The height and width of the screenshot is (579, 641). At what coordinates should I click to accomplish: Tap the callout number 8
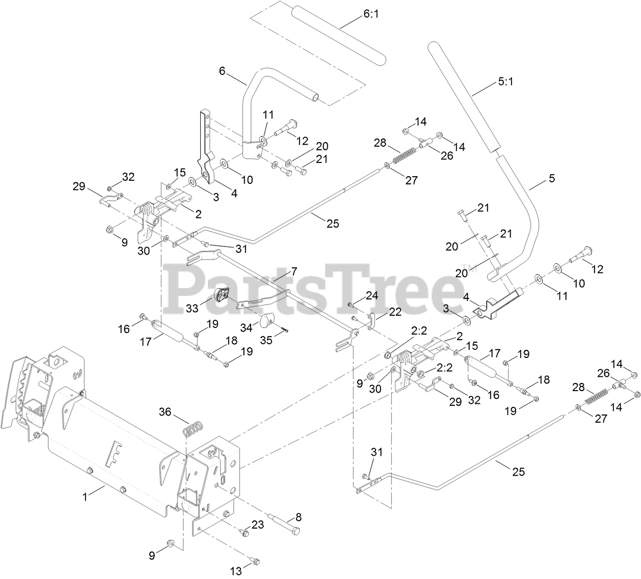click(299, 517)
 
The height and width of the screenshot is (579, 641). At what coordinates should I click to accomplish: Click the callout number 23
click(258, 524)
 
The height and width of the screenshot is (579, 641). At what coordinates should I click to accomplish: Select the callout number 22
click(395, 311)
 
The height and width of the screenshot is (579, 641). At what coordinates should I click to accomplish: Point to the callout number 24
click(372, 295)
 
